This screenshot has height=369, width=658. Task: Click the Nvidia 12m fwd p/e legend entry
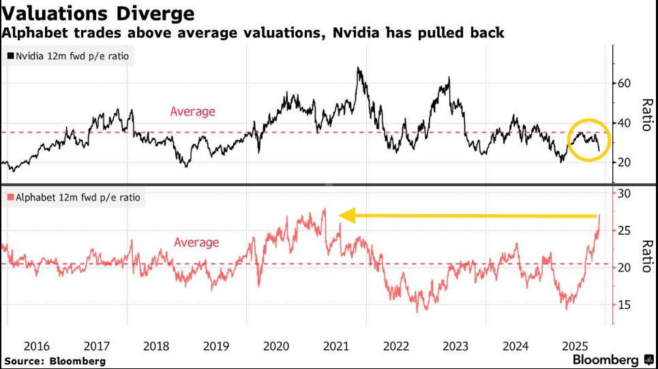[69, 57]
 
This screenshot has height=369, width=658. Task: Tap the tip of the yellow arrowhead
[339, 217]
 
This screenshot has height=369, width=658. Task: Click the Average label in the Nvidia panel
[192, 111]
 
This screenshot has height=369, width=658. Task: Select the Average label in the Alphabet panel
[196, 242]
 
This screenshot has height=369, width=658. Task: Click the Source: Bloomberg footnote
[55, 359]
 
